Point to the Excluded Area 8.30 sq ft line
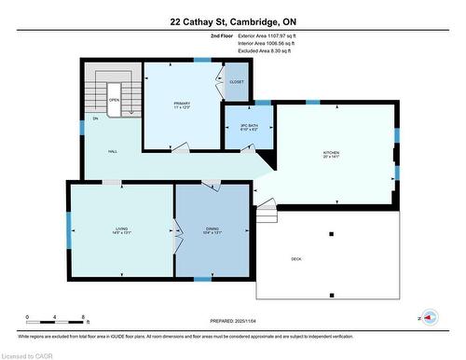pyautogui.click(x=253, y=51)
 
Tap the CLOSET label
pyautogui.click(x=237, y=81)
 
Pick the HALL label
pyautogui.click(x=112, y=151)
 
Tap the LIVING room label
pyautogui.click(x=121, y=229)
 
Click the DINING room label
pyautogui.click(x=212, y=229)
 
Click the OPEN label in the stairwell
pyautogui.click(x=114, y=100)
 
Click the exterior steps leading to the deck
pyautogui.click(x=267, y=215)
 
